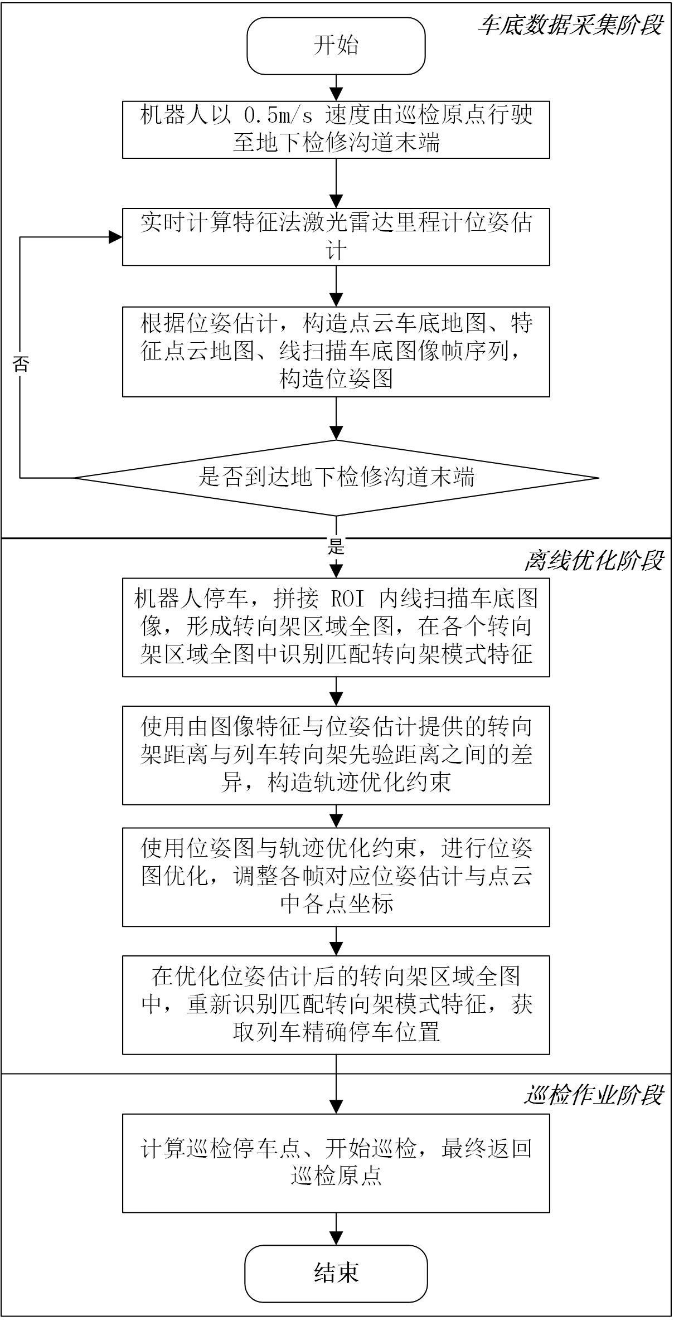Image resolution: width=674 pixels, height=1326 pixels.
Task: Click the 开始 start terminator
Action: click(336, 46)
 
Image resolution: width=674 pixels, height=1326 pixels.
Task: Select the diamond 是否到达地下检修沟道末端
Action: click(336, 478)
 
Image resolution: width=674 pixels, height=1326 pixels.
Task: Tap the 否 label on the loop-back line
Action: click(21, 364)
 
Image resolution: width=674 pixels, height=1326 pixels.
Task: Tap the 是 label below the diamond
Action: click(336, 546)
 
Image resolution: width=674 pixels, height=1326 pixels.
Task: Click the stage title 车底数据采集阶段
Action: click(570, 25)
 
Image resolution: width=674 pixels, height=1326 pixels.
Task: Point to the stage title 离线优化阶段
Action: click(593, 561)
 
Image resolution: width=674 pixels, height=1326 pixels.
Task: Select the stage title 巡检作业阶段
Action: click(593, 1095)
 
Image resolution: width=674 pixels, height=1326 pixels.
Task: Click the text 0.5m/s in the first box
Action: click(277, 115)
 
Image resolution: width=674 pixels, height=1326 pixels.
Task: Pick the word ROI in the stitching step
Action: click(348, 599)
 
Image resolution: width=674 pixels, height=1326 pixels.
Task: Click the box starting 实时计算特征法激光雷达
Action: click(336, 236)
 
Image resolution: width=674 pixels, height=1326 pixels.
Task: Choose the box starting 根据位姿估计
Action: click(336, 351)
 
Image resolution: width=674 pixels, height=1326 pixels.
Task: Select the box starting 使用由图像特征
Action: click(336, 755)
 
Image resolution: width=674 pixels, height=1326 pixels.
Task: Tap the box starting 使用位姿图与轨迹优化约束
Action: click(336, 876)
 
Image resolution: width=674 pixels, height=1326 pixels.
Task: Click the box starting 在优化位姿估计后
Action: click(336, 1004)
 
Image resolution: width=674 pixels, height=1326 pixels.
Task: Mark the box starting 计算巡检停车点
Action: click(336, 1163)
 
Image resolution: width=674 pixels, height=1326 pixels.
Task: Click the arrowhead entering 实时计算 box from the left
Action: click(116, 237)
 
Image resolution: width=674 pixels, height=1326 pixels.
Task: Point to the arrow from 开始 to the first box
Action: click(336, 88)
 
